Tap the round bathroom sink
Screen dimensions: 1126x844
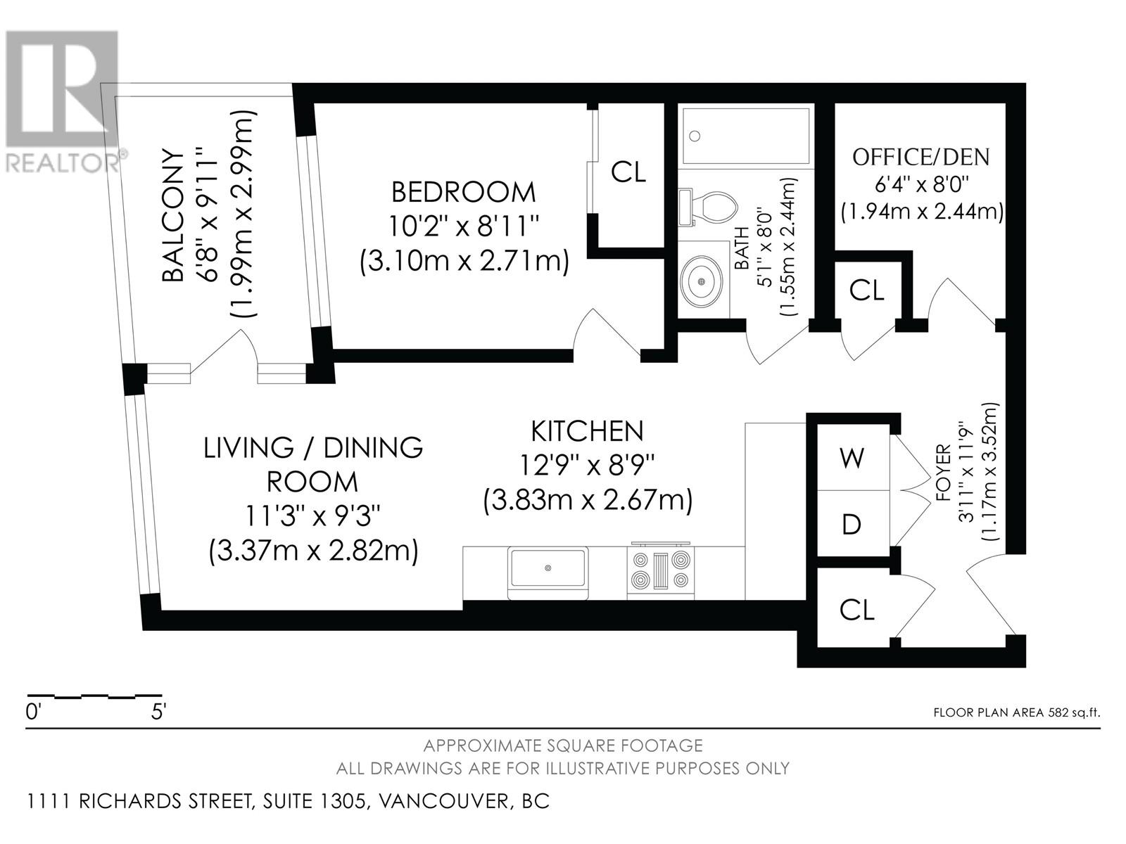click(x=701, y=281)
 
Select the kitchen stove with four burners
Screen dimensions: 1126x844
click(x=660, y=570)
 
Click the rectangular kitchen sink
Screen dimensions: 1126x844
click(x=548, y=573)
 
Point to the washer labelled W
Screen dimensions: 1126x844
click(x=852, y=457)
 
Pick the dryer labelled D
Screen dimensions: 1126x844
click(x=852, y=524)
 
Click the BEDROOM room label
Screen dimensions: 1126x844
click(x=464, y=192)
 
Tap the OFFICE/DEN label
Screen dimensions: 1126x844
click(x=921, y=157)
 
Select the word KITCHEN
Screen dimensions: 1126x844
click(x=588, y=431)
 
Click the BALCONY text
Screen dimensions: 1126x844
click(x=173, y=215)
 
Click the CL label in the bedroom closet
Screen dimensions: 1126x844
click(x=628, y=172)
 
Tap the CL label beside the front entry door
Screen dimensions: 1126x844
click(x=856, y=610)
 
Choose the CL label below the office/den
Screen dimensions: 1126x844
click(x=866, y=290)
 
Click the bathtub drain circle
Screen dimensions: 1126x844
click(x=695, y=136)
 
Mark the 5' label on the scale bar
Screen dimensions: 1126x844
click(x=159, y=712)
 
